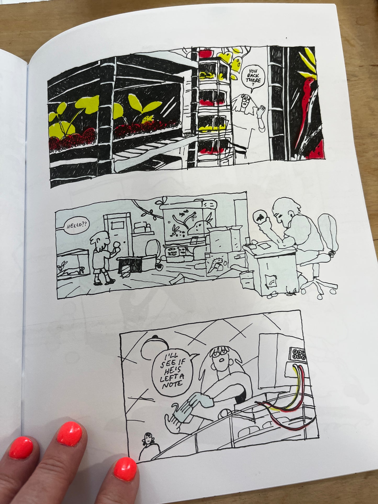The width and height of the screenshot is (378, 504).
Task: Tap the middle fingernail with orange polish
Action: click(x=70, y=434)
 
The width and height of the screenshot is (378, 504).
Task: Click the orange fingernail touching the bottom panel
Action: click(x=125, y=469)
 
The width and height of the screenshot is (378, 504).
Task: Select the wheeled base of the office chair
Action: click(x=320, y=287)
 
